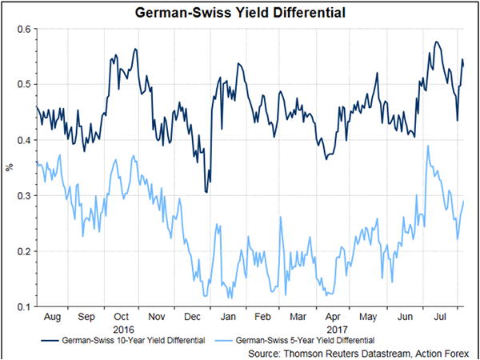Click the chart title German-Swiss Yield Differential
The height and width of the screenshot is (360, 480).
click(x=239, y=14)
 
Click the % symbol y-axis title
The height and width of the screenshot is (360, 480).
click(x=10, y=168)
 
